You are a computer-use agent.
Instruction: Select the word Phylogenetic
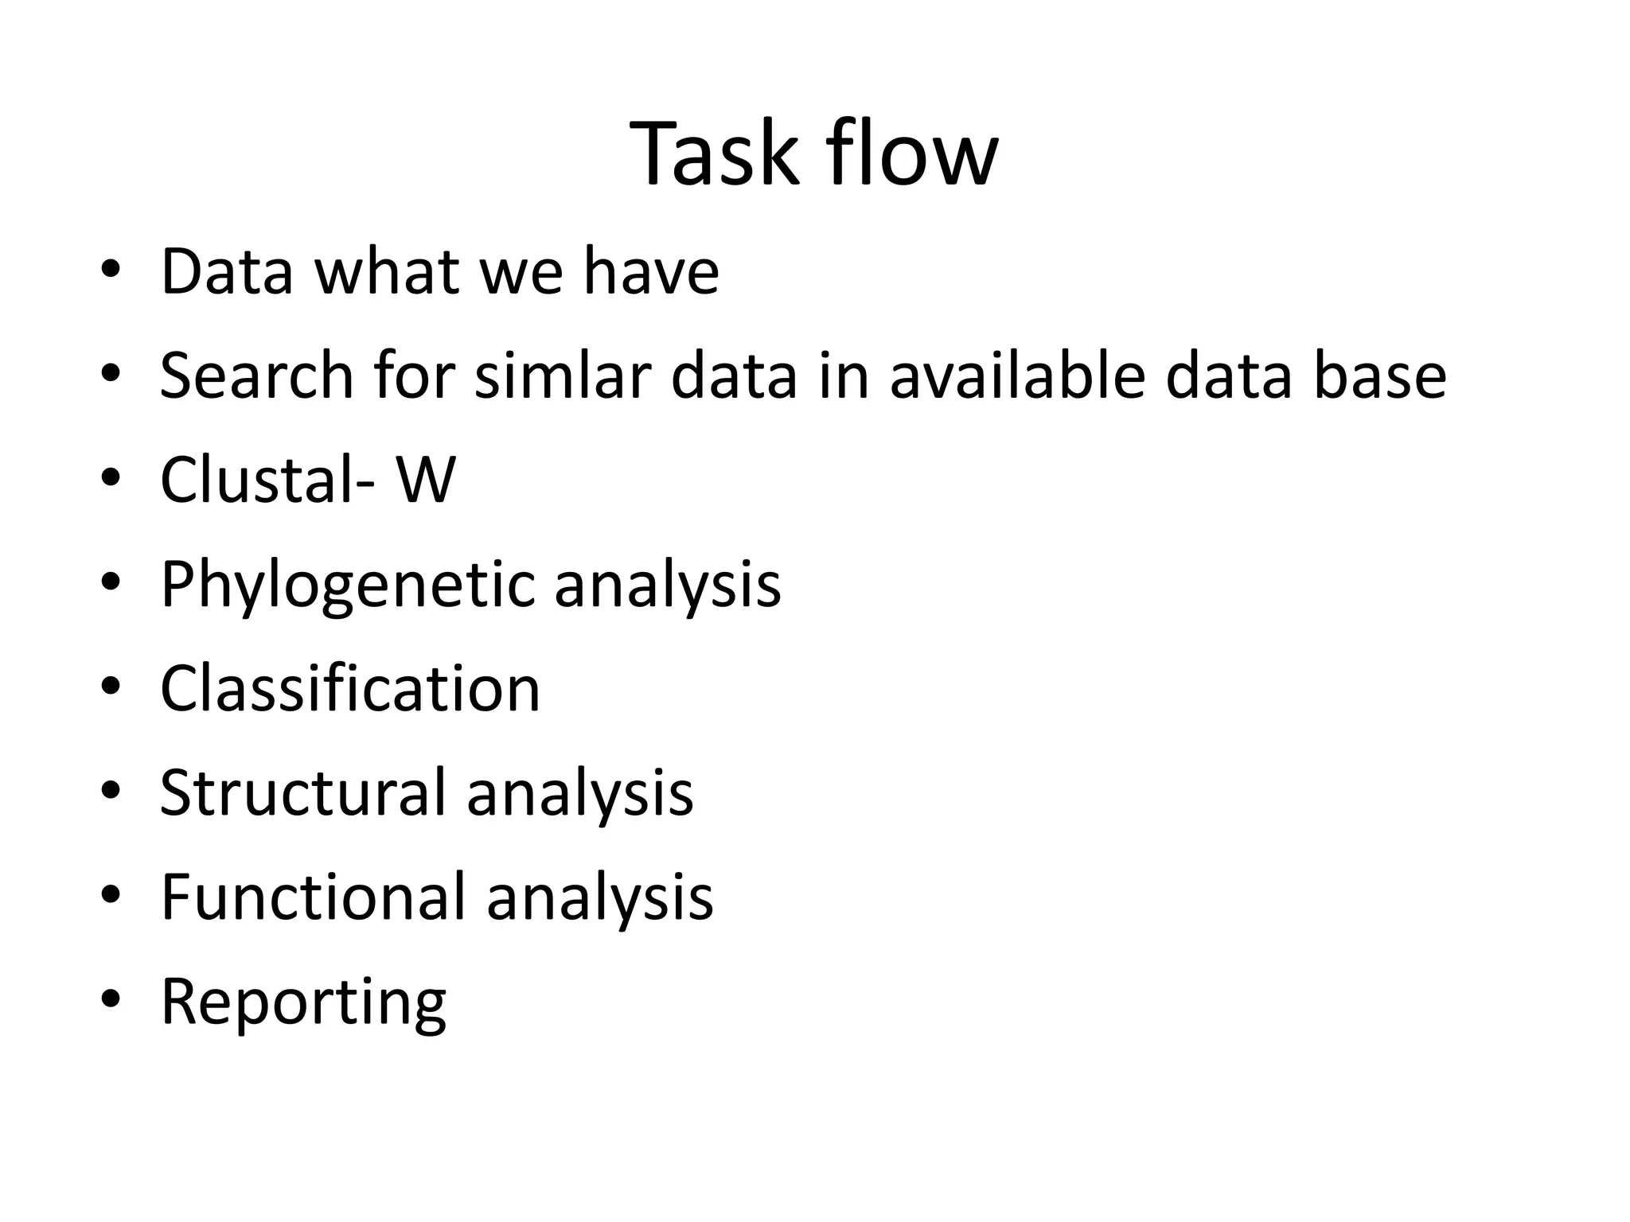click(346, 585)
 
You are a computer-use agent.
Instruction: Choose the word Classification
click(350, 688)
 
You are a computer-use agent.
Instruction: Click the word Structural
click(302, 792)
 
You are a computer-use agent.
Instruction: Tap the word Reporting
click(303, 1002)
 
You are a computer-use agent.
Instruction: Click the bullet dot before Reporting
click(111, 999)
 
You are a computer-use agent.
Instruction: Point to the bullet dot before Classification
click(111, 686)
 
